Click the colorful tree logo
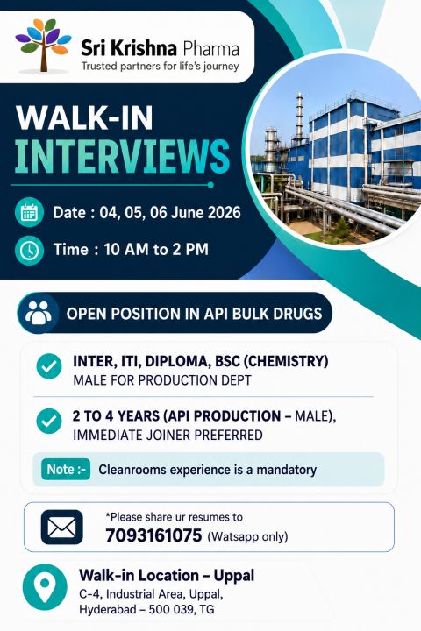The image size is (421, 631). point(44,46)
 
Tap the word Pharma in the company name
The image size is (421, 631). point(210,49)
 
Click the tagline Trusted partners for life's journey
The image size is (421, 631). point(160,66)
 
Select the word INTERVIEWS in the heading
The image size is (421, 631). point(123,156)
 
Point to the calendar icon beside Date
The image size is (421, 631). point(29,212)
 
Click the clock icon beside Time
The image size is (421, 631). point(29,250)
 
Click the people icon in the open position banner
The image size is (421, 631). point(39,313)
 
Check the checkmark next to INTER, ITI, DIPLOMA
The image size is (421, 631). point(49,365)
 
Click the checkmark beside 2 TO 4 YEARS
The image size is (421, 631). point(49,421)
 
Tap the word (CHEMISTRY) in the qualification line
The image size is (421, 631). point(286,361)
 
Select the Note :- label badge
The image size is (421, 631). point(66,469)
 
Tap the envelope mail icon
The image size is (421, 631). point(61,527)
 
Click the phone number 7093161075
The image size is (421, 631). point(153,535)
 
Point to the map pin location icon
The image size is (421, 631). point(45,586)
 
